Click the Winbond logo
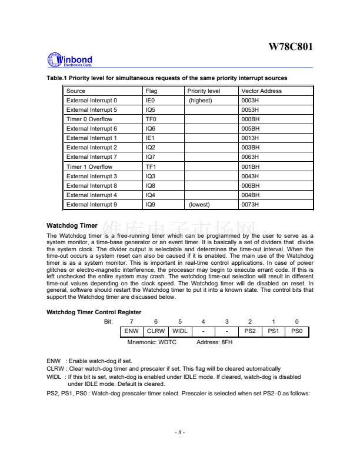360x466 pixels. click(69, 60)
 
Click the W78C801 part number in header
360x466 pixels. click(291, 46)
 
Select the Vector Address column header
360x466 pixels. click(261, 91)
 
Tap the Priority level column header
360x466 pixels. click(204, 91)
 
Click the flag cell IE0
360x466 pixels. click(151, 101)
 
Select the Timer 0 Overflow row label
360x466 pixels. click(89, 119)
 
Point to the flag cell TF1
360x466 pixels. click(151, 167)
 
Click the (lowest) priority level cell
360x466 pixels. click(199, 205)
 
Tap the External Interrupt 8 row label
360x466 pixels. click(92, 186)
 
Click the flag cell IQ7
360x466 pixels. click(151, 157)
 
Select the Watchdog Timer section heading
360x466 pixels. click(72, 225)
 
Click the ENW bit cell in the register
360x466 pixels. click(132, 331)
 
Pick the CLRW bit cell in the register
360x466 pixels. click(156, 331)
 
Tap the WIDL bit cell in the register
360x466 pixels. click(179, 331)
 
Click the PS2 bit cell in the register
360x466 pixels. click(250, 331)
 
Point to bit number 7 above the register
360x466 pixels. click(132, 321)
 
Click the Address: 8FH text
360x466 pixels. click(215, 341)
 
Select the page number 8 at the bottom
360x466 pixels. click(180, 432)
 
